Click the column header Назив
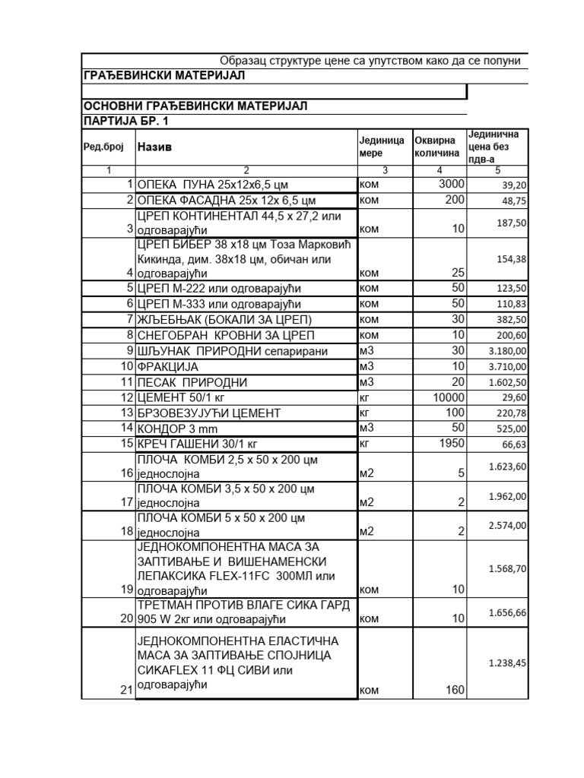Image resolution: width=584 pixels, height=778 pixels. click(154, 147)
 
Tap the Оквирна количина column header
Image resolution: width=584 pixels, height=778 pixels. click(436, 147)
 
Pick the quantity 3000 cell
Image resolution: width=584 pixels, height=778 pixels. click(451, 184)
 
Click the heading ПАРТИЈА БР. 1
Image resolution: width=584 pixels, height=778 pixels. click(125, 121)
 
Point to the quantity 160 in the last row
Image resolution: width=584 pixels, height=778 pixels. click(453, 690)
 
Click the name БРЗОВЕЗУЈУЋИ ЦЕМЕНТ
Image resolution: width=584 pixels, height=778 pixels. click(208, 413)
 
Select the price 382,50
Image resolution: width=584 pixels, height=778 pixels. click(511, 320)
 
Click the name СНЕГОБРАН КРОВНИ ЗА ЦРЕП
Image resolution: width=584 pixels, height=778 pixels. click(224, 335)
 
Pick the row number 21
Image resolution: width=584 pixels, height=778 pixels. click(126, 690)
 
